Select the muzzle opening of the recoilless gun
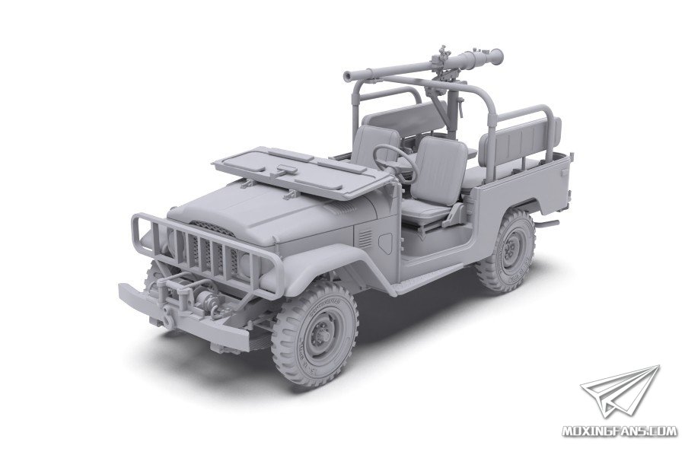349,77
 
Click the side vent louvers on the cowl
365,239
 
